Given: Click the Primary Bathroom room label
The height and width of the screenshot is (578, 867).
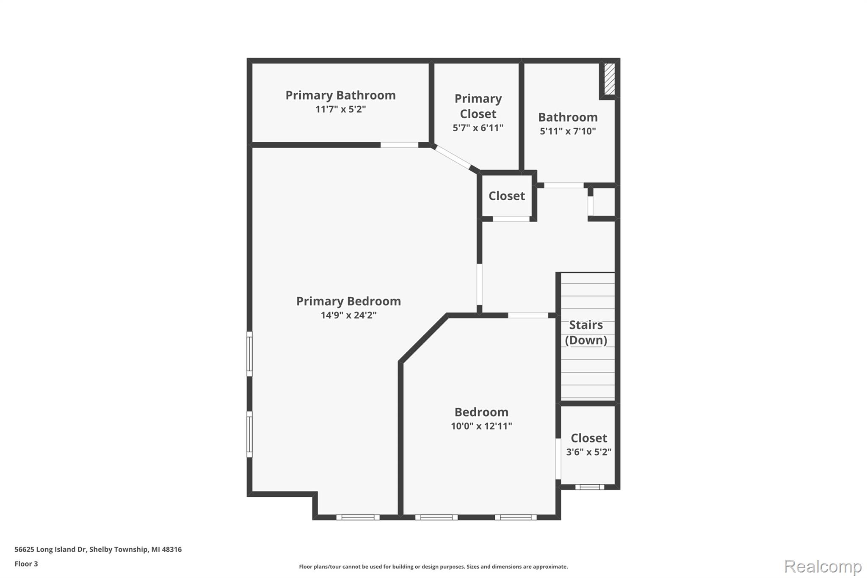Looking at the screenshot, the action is pyautogui.click(x=340, y=95).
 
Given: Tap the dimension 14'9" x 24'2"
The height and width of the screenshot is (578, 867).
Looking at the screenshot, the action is pyautogui.click(x=348, y=315).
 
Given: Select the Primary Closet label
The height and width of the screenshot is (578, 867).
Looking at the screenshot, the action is pyautogui.click(x=478, y=106).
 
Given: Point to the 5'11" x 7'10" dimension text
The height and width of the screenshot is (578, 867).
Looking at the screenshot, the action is pyautogui.click(x=568, y=131).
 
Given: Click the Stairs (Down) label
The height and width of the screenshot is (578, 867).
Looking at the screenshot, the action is pyautogui.click(x=586, y=332).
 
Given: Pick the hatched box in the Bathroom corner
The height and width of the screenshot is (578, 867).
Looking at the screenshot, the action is pyautogui.click(x=609, y=79).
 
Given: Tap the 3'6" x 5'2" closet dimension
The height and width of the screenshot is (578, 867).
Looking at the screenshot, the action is pyautogui.click(x=588, y=452).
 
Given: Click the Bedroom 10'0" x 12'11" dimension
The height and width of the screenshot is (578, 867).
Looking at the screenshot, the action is pyautogui.click(x=481, y=426).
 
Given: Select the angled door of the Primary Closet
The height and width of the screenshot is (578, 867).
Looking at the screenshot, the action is pyautogui.click(x=453, y=157).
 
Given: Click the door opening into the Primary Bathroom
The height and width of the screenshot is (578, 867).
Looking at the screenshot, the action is pyautogui.click(x=399, y=145).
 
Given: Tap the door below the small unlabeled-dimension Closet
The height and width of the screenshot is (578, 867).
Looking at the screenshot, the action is pyautogui.click(x=511, y=219).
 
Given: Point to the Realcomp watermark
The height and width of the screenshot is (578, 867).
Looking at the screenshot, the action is pyautogui.click(x=823, y=566).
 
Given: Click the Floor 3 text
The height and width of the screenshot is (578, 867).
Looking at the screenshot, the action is pyautogui.click(x=26, y=564).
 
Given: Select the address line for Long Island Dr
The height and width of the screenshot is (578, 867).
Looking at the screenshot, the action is pyautogui.click(x=98, y=549).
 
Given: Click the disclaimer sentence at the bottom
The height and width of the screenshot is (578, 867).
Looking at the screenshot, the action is pyautogui.click(x=433, y=567).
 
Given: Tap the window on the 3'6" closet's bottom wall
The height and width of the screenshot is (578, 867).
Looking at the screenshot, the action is pyautogui.click(x=589, y=487).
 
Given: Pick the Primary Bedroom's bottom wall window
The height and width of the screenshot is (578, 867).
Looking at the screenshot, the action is pyautogui.click(x=358, y=517).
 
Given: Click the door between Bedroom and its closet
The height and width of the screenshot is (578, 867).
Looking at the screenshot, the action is pyautogui.click(x=558, y=459).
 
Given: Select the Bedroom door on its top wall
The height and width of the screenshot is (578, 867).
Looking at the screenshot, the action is pyautogui.click(x=528, y=315).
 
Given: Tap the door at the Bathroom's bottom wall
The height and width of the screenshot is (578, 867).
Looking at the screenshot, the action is pyautogui.click(x=563, y=185).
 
